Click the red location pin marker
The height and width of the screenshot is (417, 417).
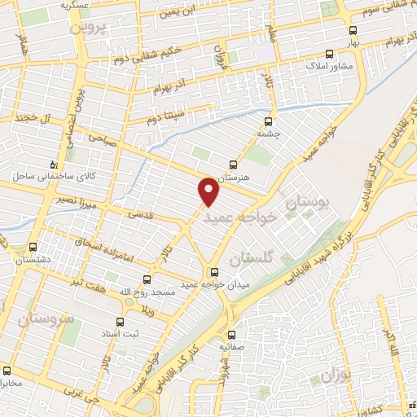tap(210, 190)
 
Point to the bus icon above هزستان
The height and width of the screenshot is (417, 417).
tap(235, 165)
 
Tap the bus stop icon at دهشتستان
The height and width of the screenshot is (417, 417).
tap(33, 247)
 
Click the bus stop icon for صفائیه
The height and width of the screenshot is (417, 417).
tap(231, 334)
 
